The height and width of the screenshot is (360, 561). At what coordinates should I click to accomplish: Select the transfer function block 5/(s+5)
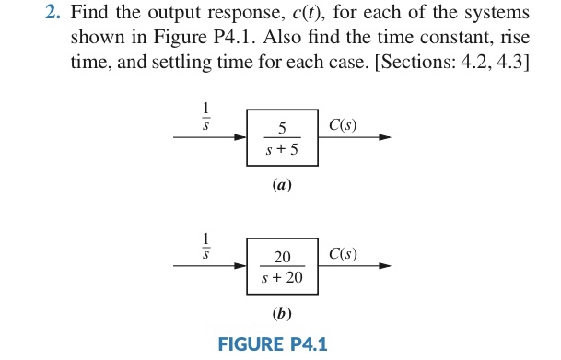tap(283, 137)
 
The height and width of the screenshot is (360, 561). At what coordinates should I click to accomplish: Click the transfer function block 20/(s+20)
tap(283, 264)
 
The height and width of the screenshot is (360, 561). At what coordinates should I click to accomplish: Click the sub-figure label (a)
tap(282, 185)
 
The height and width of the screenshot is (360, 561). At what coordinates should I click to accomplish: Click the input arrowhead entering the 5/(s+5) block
tap(240, 138)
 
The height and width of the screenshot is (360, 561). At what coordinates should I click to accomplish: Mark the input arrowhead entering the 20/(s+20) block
tap(240, 265)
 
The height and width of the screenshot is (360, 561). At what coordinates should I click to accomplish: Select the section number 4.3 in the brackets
tap(514, 65)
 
